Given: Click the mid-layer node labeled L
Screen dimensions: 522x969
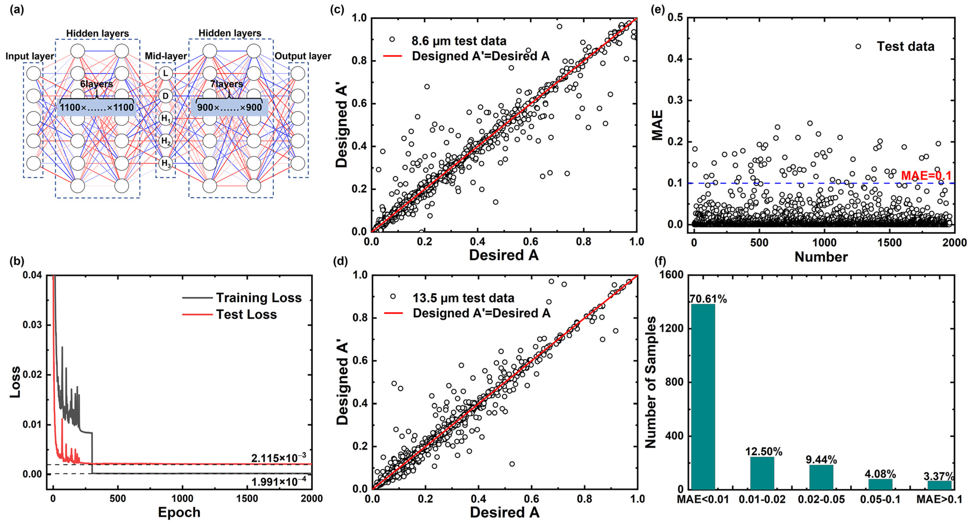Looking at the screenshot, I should point(166,73).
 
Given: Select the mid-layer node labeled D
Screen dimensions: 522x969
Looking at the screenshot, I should point(166,96).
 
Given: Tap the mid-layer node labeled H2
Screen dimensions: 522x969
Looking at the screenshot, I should point(166,141).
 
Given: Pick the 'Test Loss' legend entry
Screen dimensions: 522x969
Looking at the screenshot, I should point(246,314).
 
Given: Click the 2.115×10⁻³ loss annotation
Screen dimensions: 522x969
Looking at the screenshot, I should point(278,458).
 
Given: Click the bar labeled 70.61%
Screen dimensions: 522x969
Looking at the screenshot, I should point(703,397).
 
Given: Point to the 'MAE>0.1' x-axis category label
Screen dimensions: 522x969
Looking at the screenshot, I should point(939,499).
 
